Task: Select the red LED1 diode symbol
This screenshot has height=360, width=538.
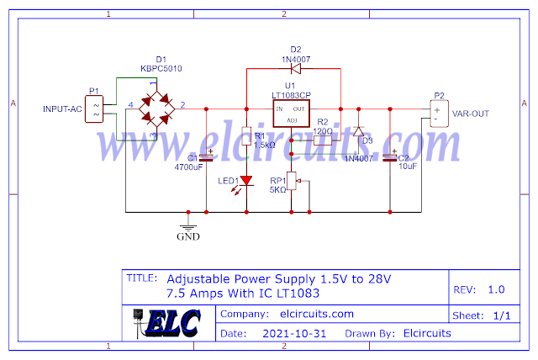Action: tap(246, 181)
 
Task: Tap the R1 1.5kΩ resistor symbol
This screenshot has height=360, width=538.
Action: tap(246, 136)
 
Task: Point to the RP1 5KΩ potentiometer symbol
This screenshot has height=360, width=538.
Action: tap(293, 182)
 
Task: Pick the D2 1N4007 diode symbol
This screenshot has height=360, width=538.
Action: tap(295, 69)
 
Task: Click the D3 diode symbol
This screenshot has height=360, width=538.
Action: tap(358, 133)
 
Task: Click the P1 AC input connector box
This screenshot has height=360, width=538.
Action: tap(94, 109)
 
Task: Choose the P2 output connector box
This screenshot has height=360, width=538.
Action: tap(437, 113)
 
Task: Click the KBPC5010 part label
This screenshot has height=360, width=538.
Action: tap(161, 68)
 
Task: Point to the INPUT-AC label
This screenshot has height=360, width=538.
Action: tap(64, 109)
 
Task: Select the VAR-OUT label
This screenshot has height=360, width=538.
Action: tap(471, 113)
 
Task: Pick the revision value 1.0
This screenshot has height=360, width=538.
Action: tap(495, 289)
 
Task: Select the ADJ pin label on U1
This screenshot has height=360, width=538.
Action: tap(292, 121)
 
